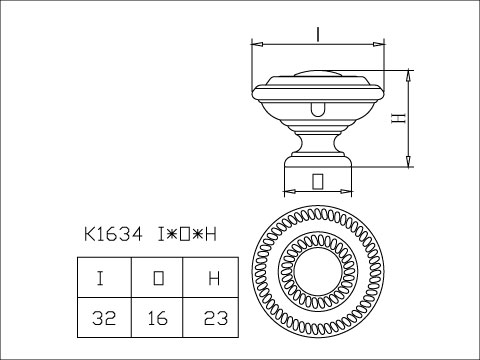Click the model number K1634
point(113,235)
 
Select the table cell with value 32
point(103,319)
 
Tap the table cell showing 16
point(157,319)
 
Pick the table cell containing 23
point(212,319)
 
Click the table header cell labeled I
point(103,277)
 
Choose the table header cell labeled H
point(212,277)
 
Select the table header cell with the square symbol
point(157,277)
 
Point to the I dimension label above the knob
point(316,34)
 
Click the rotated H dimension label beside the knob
point(397,118)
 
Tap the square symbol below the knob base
point(317,180)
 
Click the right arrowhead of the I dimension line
point(381,45)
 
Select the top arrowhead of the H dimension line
point(410,73)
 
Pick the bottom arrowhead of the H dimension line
point(410,163)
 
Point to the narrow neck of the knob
point(317,140)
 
